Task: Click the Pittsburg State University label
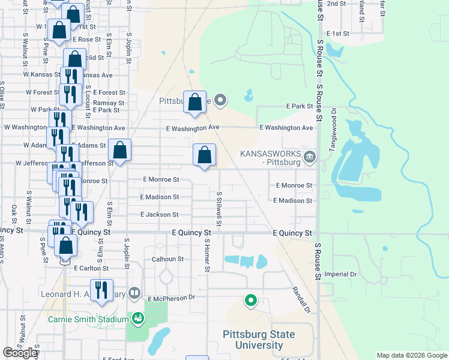click(252, 340)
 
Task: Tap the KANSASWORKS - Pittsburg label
click(270, 158)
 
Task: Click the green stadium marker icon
click(139, 318)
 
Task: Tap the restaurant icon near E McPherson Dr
click(101, 291)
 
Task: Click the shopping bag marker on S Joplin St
click(119, 151)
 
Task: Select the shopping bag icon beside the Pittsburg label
click(194, 103)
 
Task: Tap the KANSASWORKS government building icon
click(310, 158)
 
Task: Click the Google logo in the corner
click(20, 353)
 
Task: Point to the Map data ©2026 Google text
click(411, 355)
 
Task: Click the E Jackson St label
click(159, 214)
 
